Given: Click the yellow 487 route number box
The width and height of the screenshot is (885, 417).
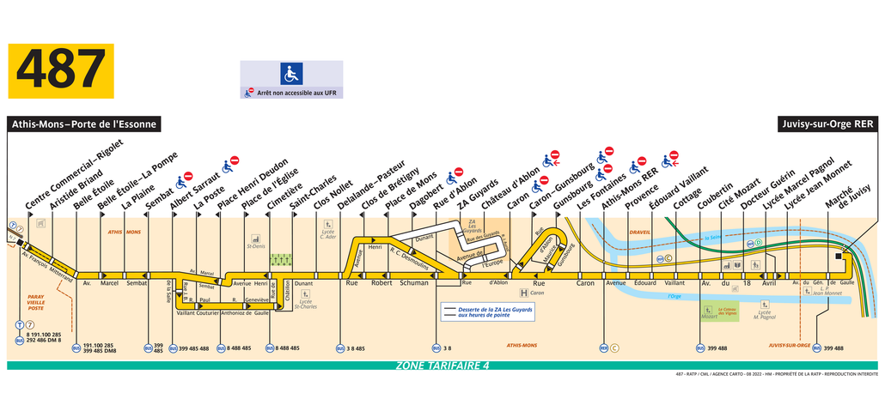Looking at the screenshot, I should coord(61,71).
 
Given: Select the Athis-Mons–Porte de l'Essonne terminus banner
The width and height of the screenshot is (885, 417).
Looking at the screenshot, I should coord(84,124).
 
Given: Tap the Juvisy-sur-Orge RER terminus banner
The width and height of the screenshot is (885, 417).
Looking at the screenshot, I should coord(827,124).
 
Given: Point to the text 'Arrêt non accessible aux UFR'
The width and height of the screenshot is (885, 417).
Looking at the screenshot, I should coord(295,92).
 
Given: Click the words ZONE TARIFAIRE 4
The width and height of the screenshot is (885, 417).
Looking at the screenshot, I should coord(442,366).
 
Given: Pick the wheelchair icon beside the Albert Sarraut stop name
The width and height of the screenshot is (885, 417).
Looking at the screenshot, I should coord(182,181).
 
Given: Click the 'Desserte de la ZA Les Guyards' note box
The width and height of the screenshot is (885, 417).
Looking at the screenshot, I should coord(487,311).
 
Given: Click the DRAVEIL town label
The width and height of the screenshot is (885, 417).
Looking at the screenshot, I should coord(639,232).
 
